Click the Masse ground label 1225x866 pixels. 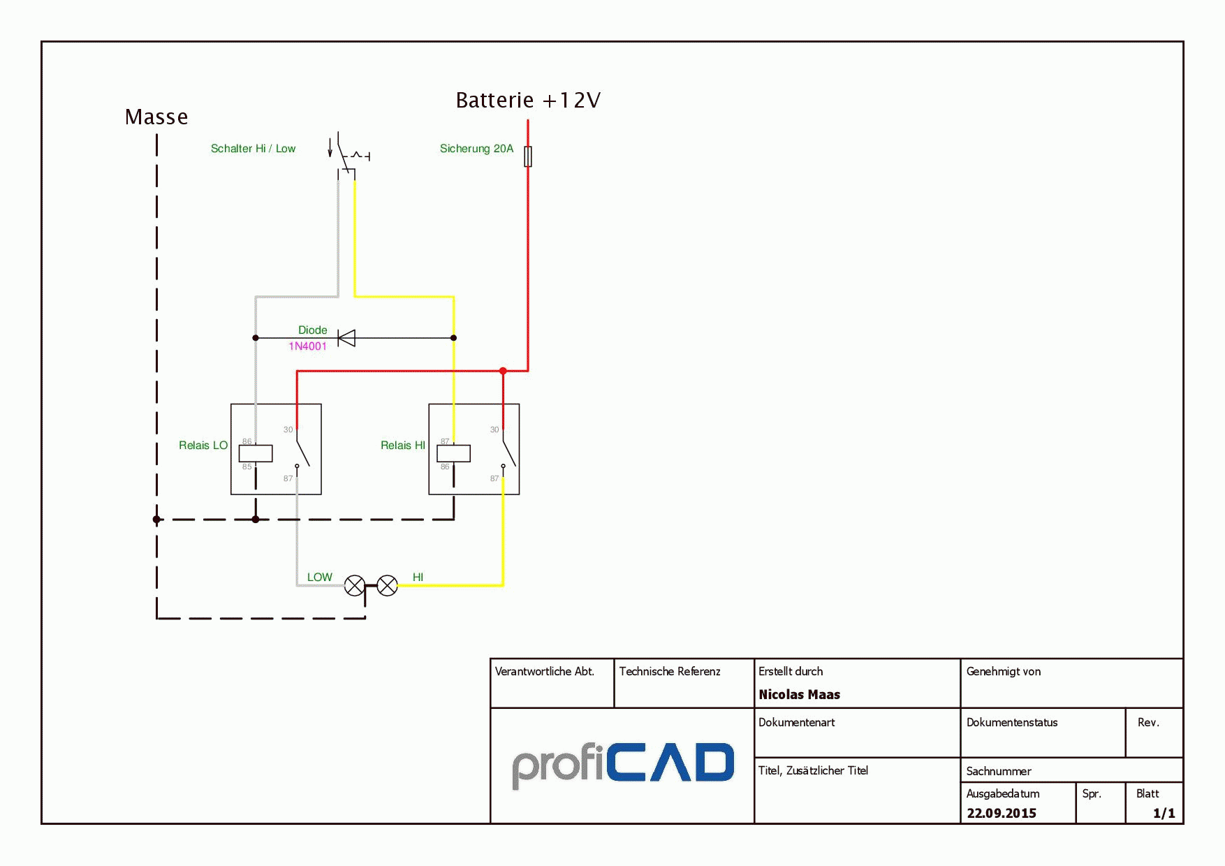tap(156, 117)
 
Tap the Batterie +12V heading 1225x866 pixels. tap(528, 100)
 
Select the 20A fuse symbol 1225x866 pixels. tap(528, 156)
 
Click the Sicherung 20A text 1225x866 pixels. tap(476, 149)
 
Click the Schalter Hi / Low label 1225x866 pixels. tap(253, 149)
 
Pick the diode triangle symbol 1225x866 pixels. tap(346, 338)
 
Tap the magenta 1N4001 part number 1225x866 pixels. tap(307, 346)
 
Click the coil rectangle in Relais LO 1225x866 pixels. tap(256, 453)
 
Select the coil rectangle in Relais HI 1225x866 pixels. tap(454, 453)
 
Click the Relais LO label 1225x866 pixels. tap(203, 446)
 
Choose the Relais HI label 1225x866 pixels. tap(403, 446)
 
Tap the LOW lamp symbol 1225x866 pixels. tap(355, 586)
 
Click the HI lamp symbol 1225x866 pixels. tap(388, 586)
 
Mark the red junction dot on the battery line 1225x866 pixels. tap(503, 371)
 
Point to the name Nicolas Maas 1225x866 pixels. tap(800, 695)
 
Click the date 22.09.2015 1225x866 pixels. tap(1002, 814)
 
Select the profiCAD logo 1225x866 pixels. tap(623, 765)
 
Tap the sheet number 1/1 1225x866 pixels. tap(1164, 814)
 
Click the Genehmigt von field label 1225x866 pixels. tap(1004, 672)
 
